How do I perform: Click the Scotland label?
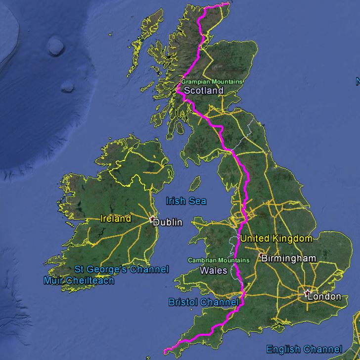coord(203,91)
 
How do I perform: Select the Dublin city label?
coord(168,222)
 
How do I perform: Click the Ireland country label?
coord(116,218)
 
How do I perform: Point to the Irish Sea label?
coord(186,201)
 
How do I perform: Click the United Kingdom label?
coord(276,239)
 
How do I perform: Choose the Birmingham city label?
coord(288,258)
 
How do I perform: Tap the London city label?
coord(324,297)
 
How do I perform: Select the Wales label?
coord(214,270)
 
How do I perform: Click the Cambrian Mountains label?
coord(214,260)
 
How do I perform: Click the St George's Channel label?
coord(121,269)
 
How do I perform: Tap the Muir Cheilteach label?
coord(79,281)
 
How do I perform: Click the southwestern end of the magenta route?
coord(164,353)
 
